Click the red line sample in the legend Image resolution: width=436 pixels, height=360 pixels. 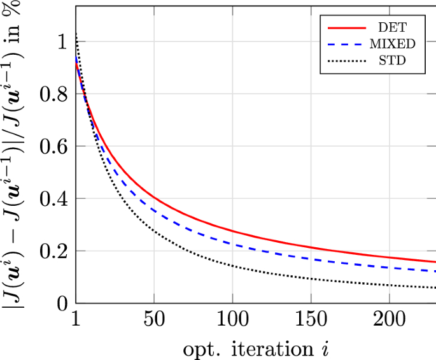[x=348, y=28]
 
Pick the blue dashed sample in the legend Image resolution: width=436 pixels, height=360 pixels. [x=348, y=45]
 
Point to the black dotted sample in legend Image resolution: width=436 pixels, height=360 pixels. [x=348, y=61]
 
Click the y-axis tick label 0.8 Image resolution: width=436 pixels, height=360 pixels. [x=53, y=94]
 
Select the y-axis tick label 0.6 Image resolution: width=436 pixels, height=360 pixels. [x=53, y=146]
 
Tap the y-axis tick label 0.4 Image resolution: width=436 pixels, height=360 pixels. [x=53, y=198]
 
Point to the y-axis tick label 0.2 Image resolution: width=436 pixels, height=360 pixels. [x=53, y=250]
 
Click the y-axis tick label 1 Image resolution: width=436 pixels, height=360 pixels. [x=62, y=41]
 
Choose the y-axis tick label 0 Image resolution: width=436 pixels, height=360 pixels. [x=62, y=303]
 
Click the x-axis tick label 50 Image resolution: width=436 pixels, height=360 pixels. [x=154, y=320]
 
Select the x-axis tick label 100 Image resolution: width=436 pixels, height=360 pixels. [x=232, y=320]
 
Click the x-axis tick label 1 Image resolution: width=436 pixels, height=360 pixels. [x=76, y=320]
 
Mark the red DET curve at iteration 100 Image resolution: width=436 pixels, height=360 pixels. [x=232, y=231]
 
